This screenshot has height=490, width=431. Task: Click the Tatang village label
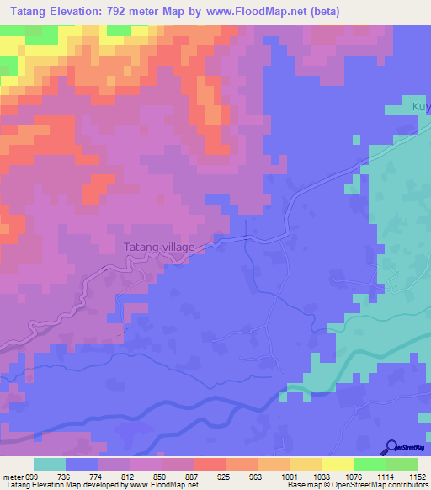tap(159, 248)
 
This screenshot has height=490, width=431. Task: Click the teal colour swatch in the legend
tap(50, 465)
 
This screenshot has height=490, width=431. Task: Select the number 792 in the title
tap(137, 12)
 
